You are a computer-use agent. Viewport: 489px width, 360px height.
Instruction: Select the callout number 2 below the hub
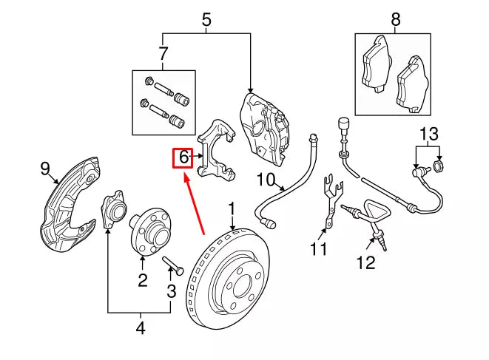142,279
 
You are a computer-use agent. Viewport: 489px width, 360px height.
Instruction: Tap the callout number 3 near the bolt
171,291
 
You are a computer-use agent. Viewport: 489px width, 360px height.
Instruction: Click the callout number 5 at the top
206,20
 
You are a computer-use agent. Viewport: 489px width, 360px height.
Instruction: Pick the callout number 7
163,53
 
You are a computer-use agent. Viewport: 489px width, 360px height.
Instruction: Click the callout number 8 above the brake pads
396,20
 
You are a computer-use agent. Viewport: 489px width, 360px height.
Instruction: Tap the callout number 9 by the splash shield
44,169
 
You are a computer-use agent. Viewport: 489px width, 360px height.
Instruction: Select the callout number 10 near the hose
266,179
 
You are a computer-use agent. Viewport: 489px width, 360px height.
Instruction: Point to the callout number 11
318,249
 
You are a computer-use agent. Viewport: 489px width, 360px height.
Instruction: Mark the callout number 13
429,134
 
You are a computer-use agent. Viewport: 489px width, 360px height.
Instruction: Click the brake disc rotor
230,281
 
